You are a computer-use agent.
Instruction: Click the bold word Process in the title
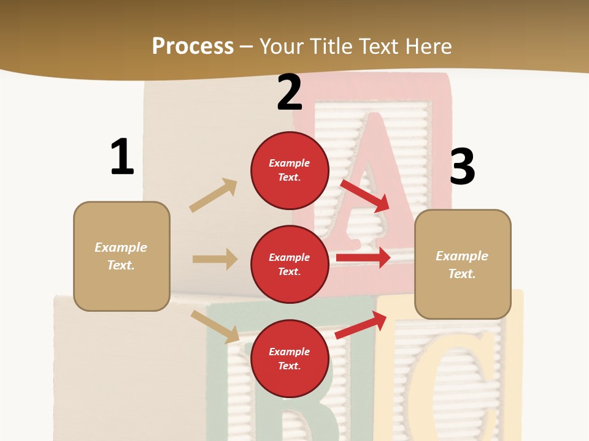(x=193, y=46)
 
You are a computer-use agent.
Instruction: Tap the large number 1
(x=122, y=157)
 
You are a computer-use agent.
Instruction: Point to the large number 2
(x=290, y=92)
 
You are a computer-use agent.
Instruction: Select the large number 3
(x=462, y=167)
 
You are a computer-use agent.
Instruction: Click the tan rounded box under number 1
(x=121, y=256)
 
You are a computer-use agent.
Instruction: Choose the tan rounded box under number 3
(x=463, y=264)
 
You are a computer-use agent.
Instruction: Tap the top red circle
(x=290, y=170)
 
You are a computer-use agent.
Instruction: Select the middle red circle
(x=290, y=264)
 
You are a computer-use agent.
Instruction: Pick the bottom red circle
(x=290, y=358)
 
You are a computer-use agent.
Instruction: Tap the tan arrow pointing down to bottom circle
(x=215, y=326)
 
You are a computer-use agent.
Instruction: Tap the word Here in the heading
(x=429, y=46)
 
